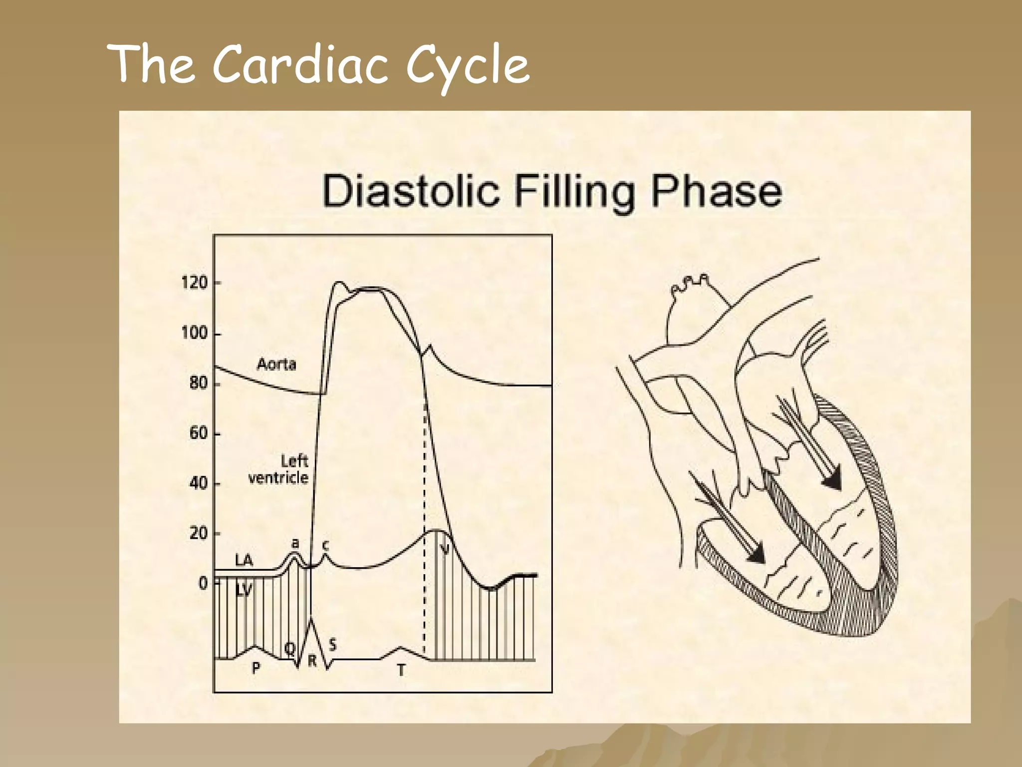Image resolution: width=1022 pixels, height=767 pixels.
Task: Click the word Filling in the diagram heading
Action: pos(575,193)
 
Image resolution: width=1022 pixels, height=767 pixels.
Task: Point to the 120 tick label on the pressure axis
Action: pos(194,283)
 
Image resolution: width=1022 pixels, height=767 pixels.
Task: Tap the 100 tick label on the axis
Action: pos(194,333)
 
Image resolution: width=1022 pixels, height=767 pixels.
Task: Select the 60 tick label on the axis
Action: pos(198,433)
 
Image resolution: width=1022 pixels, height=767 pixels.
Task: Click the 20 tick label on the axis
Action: pos(198,534)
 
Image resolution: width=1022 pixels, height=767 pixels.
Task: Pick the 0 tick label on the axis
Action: pos(203,583)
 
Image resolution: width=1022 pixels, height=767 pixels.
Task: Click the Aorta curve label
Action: pos(276,364)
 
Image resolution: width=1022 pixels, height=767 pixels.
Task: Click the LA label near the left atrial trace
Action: pos(244,561)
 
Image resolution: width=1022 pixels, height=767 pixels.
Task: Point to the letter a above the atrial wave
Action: pos(295,543)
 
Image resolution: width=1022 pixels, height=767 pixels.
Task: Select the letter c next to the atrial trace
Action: pos(325,546)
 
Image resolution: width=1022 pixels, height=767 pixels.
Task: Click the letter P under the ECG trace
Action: pos(256,668)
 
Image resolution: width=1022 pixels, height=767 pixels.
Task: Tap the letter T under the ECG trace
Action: pos(401,670)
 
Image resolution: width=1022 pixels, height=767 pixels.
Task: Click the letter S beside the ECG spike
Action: pos(333,645)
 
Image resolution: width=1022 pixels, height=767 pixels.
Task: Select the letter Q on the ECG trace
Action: pos(289,649)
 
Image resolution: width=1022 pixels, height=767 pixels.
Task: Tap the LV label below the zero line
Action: pos(244,591)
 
